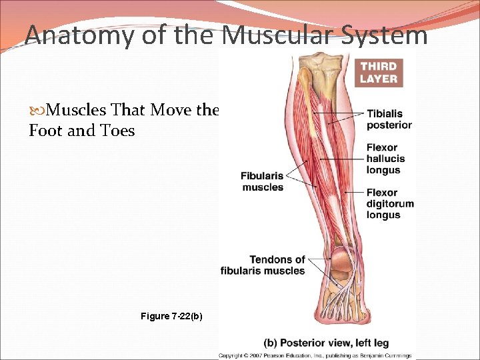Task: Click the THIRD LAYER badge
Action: pos(379,72)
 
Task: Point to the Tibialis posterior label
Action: pos(389,119)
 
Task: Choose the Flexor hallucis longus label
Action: pos(385,159)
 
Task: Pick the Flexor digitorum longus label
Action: pos(390,204)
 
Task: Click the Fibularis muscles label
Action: pos(262,182)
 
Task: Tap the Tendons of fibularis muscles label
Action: pos(263,265)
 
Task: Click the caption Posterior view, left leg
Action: pos(326,343)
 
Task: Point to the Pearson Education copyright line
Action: pos(315,356)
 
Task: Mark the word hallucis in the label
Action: pos(385,159)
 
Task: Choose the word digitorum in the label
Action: pos(390,204)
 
